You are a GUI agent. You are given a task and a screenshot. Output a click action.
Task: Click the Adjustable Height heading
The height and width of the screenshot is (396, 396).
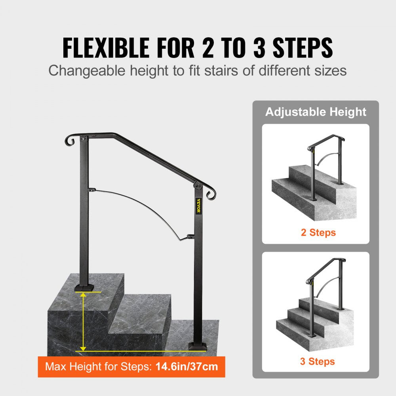pyautogui.click(x=316, y=112)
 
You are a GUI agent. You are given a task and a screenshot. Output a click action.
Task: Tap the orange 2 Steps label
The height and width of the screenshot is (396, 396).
pyautogui.click(x=318, y=232)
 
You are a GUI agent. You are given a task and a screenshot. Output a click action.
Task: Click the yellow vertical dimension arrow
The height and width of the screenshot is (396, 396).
pyautogui.click(x=83, y=320)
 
